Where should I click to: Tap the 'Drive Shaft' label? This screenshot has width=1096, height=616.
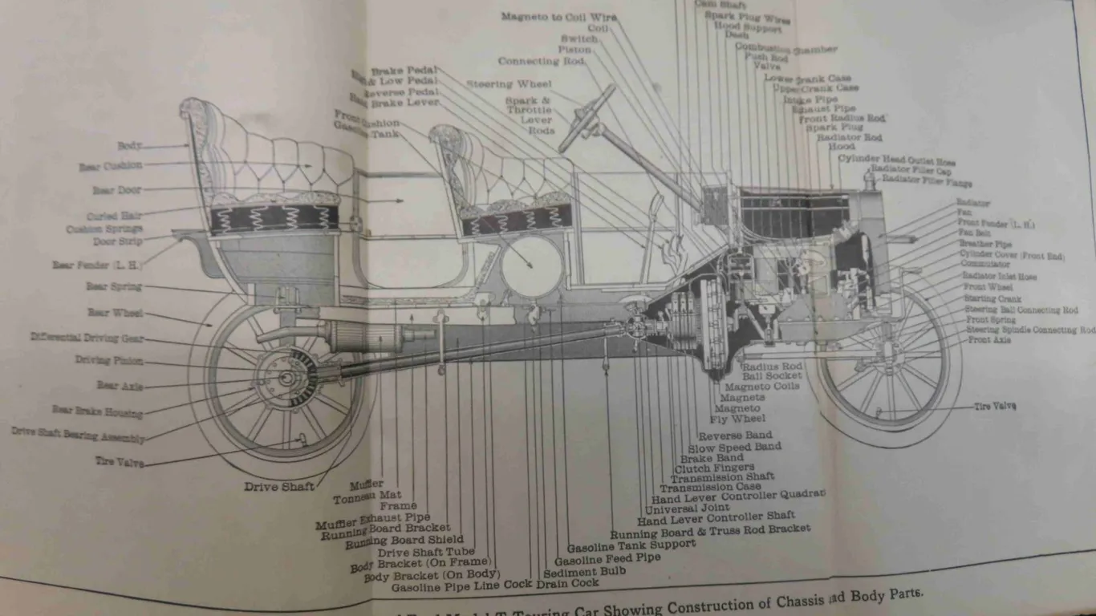pos(279,486)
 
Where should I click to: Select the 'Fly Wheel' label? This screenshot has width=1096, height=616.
pos(737,419)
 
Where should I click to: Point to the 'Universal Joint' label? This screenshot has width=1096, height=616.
pos(687,508)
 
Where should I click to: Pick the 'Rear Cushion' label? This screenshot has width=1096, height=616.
pos(111,167)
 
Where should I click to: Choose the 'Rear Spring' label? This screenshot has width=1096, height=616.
pos(114,286)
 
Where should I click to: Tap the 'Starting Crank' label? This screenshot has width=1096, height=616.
pos(992,298)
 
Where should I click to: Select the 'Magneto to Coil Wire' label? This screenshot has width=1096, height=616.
pos(554,17)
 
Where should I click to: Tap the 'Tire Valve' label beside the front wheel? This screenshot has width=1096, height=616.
pos(995,406)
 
